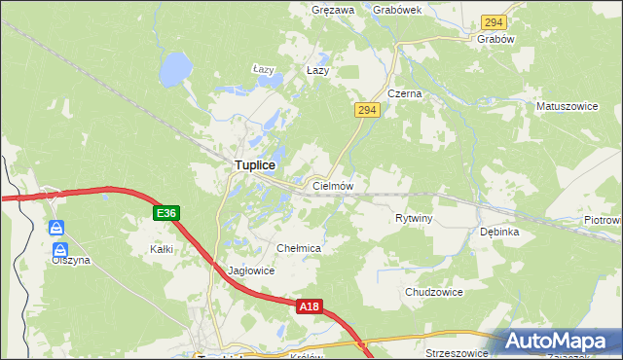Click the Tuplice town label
coord(253,166)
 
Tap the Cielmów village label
coord(332,185)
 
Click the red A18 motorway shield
coord(309,306)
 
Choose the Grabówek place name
coord(396,9)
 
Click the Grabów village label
coord(495,39)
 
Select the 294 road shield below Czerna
coord(366,111)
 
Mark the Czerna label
coord(404,93)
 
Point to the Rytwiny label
coord(414,218)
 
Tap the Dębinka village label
coord(499,233)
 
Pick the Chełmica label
coord(299,249)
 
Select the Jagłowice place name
coord(250,271)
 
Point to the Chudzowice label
coord(433,292)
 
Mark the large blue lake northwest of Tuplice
coord(175,68)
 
